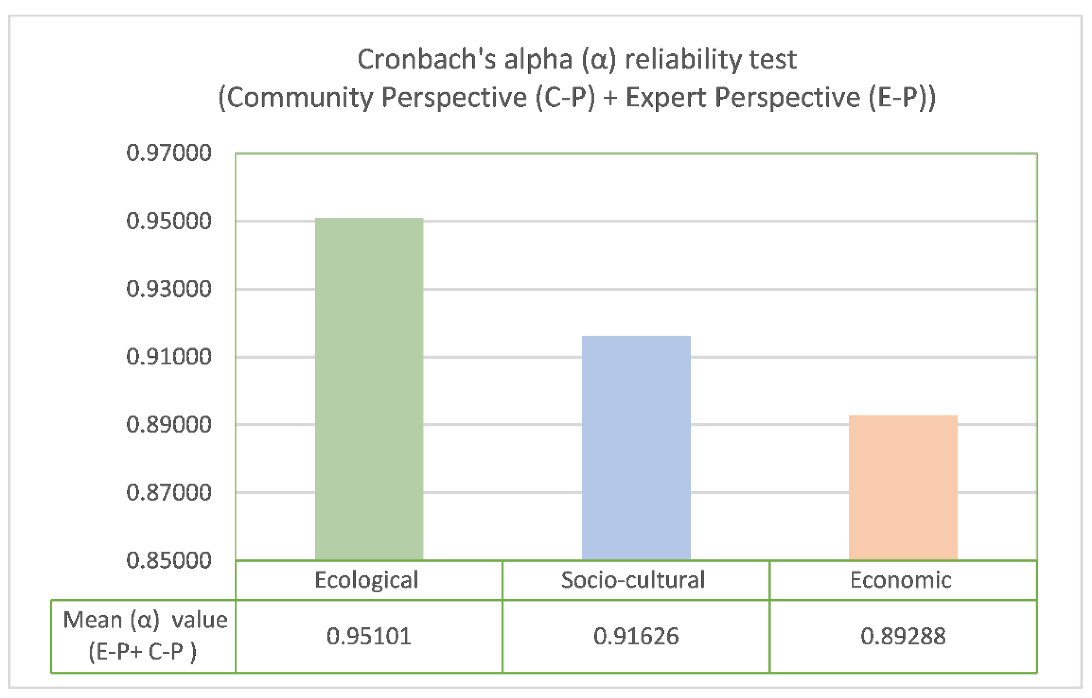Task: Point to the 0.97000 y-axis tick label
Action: coord(169,153)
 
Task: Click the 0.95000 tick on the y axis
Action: coord(169,221)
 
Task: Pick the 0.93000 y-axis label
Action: coord(169,289)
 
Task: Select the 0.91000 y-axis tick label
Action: coord(169,357)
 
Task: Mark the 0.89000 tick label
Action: coord(169,425)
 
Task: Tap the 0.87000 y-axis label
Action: coord(169,492)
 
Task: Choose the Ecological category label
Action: coord(367,580)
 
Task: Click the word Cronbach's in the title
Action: coord(427,59)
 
